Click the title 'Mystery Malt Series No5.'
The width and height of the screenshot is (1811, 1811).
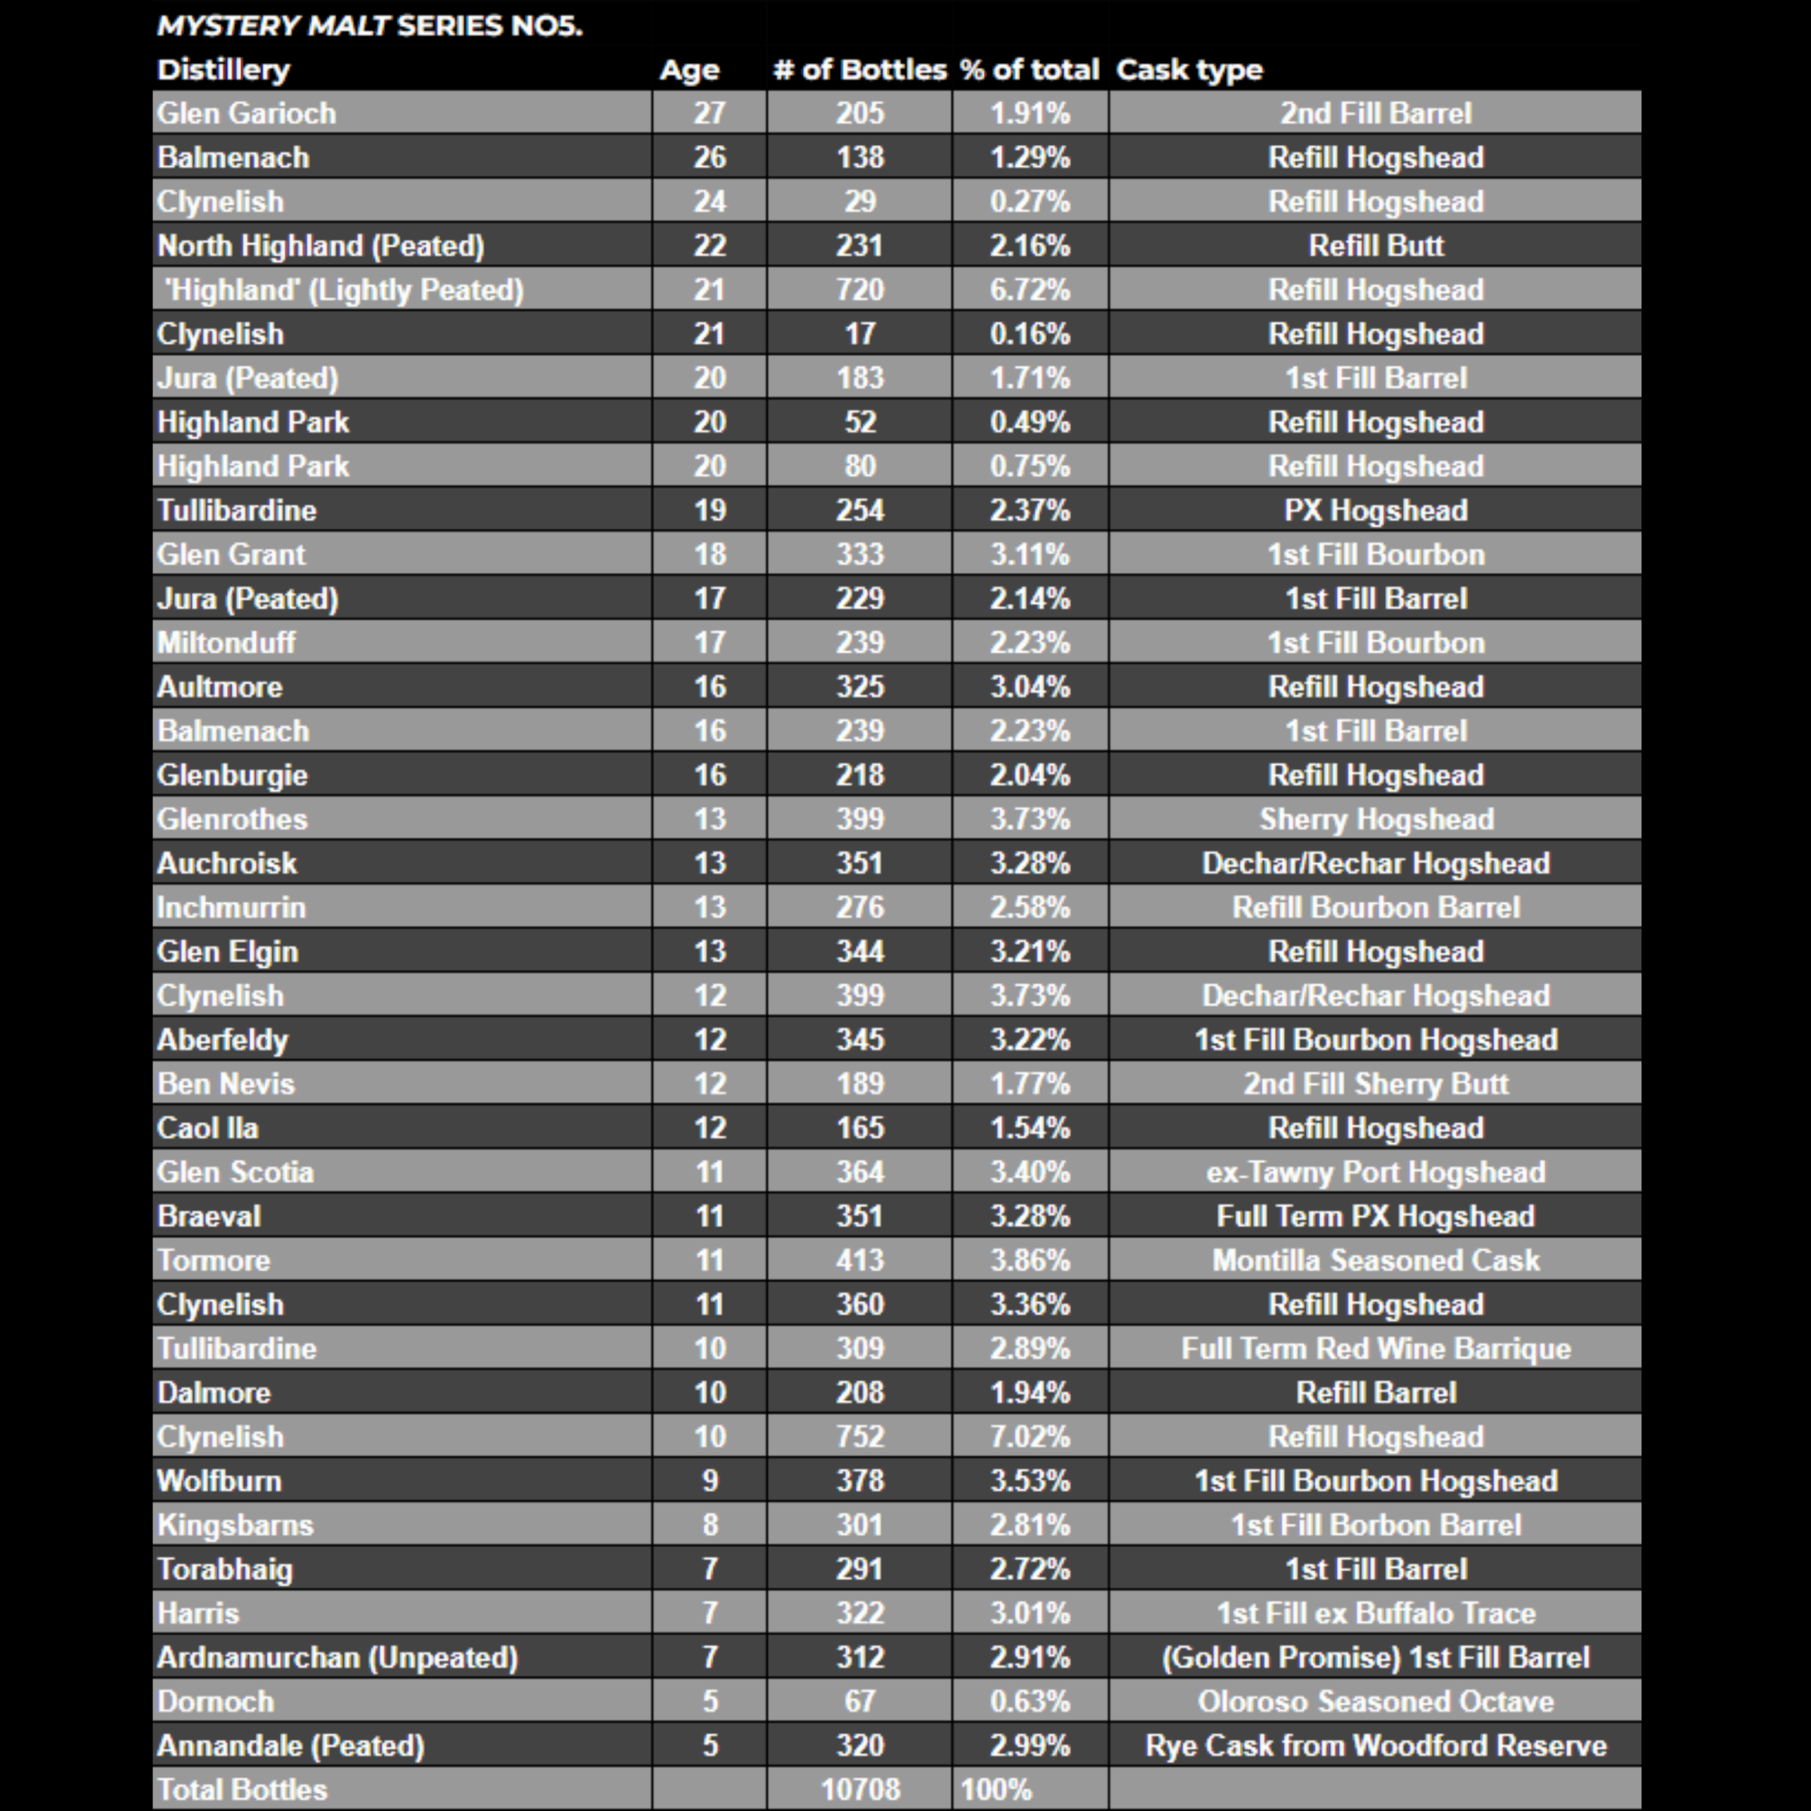point(369,25)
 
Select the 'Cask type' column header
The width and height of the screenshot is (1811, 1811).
point(1188,69)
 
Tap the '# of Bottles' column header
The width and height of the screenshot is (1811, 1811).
point(859,69)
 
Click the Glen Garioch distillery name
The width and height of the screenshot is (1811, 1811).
point(246,113)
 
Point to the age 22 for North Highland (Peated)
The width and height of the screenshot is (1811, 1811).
point(709,245)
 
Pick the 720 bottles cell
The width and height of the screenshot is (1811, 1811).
point(860,289)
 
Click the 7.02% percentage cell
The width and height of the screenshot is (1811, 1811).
point(1029,1436)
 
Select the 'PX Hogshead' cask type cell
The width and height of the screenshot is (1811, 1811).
point(1375,510)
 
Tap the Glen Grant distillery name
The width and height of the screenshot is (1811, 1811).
point(231,554)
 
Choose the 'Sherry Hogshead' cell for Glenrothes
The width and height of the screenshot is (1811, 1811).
point(1375,819)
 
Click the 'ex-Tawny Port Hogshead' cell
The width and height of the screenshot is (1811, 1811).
point(1375,1171)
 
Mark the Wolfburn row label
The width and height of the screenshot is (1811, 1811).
point(219,1480)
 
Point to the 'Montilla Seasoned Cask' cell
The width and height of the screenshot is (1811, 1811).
point(1375,1260)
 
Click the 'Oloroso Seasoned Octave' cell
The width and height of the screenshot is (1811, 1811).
point(1375,1701)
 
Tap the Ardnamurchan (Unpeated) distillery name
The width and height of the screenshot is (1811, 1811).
point(337,1657)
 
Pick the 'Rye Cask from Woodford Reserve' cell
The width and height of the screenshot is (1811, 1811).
point(1375,1745)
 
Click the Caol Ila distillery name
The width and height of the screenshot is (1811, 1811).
point(207,1128)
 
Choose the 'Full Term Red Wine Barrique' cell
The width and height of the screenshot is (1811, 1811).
point(1375,1348)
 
